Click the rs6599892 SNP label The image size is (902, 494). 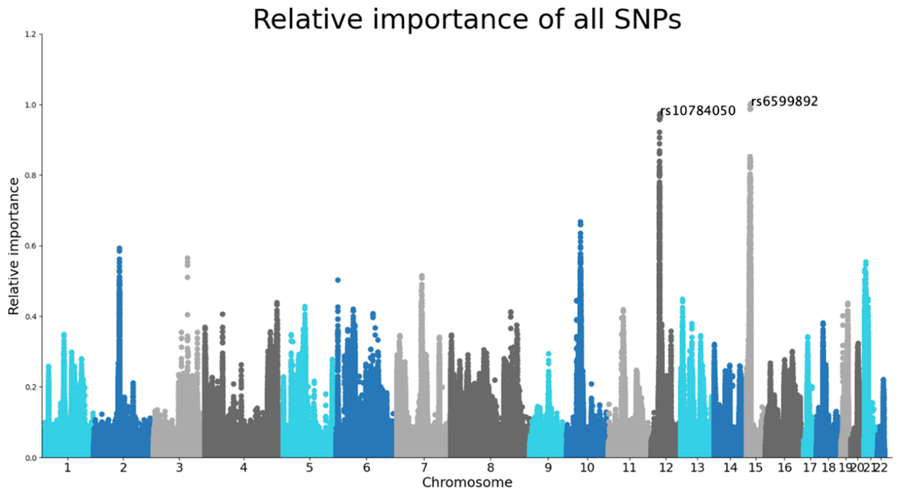784,102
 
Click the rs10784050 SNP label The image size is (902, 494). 697,111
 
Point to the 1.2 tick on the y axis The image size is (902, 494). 31,34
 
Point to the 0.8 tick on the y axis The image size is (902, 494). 31,175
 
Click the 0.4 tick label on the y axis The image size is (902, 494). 31,316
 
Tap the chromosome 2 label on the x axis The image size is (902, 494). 123,468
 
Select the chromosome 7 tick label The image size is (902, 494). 424,468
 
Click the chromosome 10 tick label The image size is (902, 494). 587,468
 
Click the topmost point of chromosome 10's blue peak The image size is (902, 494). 580,222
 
